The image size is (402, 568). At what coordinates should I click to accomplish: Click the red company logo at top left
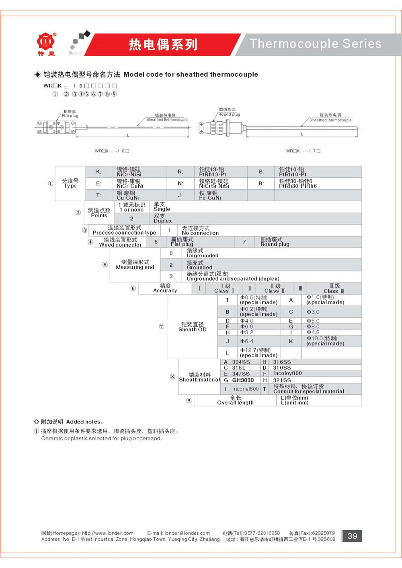pos(46,43)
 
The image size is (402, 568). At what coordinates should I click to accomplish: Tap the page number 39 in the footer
pos(352,536)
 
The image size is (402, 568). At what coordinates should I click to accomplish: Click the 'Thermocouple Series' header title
pos(316,43)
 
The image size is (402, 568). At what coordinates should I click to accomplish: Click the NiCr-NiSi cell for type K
pos(129,172)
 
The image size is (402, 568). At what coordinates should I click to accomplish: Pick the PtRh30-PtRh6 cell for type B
pos(298,184)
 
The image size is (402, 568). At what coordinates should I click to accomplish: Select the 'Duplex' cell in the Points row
pos(162,219)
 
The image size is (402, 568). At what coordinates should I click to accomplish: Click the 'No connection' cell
pos(200,231)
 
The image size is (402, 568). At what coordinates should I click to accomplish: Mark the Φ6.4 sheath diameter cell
pos(247,341)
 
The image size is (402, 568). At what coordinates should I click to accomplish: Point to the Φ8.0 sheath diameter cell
pos(313,327)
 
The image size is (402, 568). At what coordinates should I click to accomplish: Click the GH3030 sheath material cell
pos(243,380)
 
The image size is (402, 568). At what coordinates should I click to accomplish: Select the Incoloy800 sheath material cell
pos(287,374)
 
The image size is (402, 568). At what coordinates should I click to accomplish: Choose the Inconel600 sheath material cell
pos(245,389)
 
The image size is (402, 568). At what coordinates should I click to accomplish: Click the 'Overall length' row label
pos(235,400)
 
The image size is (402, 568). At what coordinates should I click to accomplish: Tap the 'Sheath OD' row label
pos(192,327)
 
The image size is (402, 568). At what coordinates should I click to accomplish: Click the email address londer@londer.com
pos(187,533)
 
